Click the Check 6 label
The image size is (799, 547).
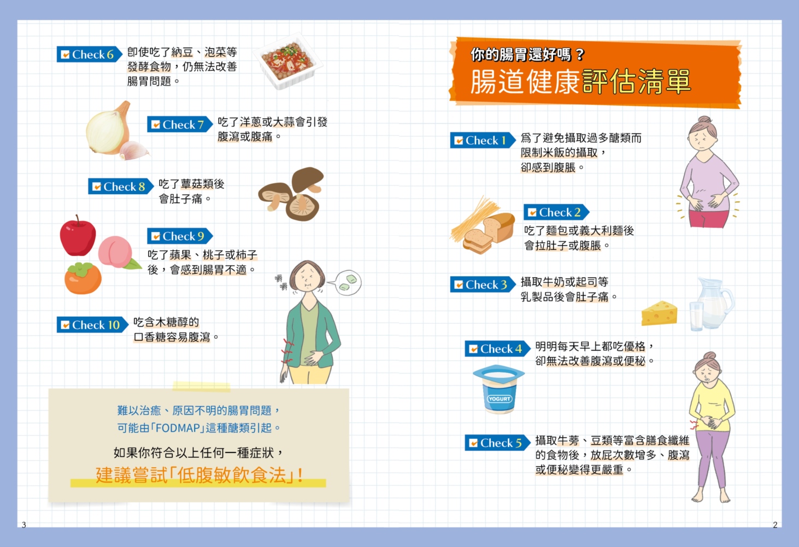click(89, 54)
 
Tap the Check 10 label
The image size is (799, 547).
click(92, 324)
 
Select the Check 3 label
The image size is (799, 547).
click(483, 284)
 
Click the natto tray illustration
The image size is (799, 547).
click(288, 61)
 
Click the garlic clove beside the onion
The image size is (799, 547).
click(133, 150)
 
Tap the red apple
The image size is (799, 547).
click(78, 236)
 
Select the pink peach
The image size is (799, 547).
click(116, 252)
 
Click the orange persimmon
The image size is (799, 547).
click(83, 278)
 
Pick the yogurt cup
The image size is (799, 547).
click(498, 389)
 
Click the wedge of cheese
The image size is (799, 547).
click(659, 313)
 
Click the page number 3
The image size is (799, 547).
click(24, 525)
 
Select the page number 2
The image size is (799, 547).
click(775, 525)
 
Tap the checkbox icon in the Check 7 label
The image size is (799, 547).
click(156, 124)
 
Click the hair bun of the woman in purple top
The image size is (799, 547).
click(704, 119)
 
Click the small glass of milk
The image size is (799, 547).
click(696, 316)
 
